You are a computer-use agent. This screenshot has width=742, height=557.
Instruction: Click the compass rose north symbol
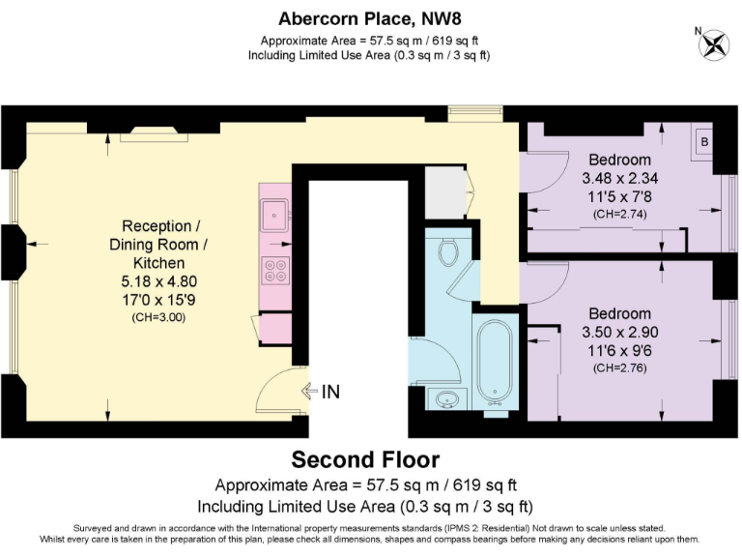pos(714,44)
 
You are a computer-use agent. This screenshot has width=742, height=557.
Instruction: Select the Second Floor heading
pos(365,459)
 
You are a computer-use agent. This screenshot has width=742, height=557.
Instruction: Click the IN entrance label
pos(329,392)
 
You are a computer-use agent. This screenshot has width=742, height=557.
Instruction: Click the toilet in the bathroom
pos(447,253)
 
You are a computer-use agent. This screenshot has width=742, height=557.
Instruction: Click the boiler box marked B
pos(703,142)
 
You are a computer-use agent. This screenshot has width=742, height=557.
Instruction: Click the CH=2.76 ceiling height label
pos(619,367)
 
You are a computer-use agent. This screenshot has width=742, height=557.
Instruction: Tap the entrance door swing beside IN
pos(281,392)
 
